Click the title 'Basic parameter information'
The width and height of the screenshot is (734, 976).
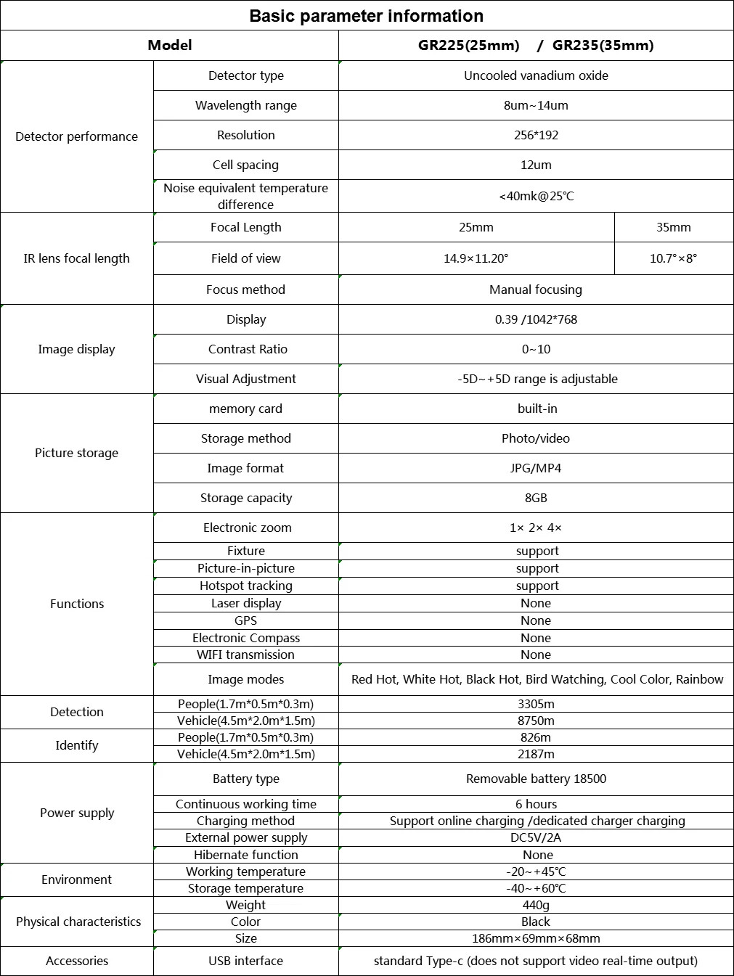coord(366,16)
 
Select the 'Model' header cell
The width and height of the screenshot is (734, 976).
coord(169,45)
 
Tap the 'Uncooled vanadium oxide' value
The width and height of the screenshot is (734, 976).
coord(536,75)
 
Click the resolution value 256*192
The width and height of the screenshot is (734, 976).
coord(536,135)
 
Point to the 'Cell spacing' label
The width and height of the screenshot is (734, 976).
coord(245,165)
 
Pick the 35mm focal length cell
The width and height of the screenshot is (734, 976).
coord(673,227)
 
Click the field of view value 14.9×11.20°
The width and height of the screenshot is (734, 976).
coord(476,258)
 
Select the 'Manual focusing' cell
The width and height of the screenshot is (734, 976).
coord(536,290)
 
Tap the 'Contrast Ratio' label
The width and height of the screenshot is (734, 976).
coord(248,349)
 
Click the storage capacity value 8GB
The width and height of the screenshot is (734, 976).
coord(536,498)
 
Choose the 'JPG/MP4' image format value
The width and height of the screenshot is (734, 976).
coord(536,468)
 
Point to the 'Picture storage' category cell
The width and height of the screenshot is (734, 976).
coord(76,453)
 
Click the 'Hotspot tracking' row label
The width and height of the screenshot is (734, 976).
coord(245,586)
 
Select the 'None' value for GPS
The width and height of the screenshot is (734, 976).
coord(536,620)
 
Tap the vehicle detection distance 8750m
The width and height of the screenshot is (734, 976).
coord(536,721)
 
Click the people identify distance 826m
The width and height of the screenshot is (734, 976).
coord(536,737)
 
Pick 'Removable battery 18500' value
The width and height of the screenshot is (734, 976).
coord(536,779)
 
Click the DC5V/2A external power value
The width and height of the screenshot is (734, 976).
coord(536,837)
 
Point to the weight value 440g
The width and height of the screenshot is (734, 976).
coord(536,905)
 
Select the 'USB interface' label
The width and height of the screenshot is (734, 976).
coord(245,961)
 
